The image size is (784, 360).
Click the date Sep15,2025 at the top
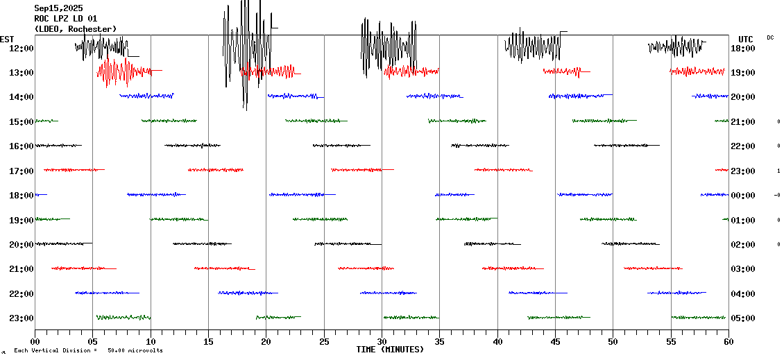click(58, 8)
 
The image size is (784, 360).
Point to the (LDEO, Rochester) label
click(76, 29)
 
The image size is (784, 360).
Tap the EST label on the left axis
click(7, 39)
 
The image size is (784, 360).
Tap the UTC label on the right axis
click(746, 39)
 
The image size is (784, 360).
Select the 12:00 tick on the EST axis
click(21, 48)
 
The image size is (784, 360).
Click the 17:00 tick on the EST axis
click(21, 171)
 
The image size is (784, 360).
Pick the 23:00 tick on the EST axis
click(21, 318)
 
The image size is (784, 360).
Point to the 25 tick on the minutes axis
click(324, 341)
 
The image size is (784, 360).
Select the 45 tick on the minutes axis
click(555, 341)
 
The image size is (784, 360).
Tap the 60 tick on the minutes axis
click(728, 341)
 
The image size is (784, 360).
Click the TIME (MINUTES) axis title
click(390, 350)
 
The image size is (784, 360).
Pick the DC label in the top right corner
click(770, 37)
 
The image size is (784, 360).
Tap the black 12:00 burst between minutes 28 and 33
click(389, 47)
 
